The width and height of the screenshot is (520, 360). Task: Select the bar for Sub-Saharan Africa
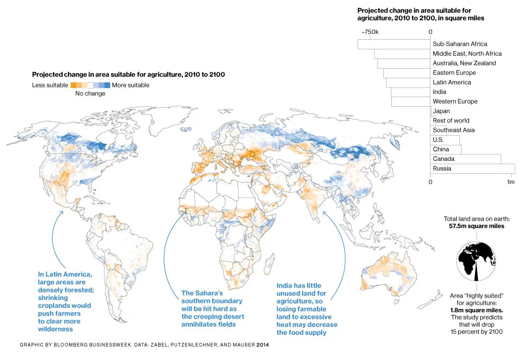[x=394, y=44]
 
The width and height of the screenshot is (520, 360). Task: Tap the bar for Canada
[x=465, y=159]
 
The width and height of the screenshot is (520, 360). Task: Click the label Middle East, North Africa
[x=467, y=54]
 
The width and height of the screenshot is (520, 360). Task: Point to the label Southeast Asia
[x=454, y=130]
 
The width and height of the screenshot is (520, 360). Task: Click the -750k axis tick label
[x=369, y=32]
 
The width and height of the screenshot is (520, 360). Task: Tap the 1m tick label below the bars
[x=511, y=182]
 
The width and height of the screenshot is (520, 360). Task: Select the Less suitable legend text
[x=50, y=85]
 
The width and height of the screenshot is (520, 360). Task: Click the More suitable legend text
[x=130, y=85]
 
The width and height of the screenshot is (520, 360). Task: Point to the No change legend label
[x=90, y=94]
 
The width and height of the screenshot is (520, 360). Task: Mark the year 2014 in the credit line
[x=262, y=344]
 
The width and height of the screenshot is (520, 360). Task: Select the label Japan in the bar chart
[x=441, y=111]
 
